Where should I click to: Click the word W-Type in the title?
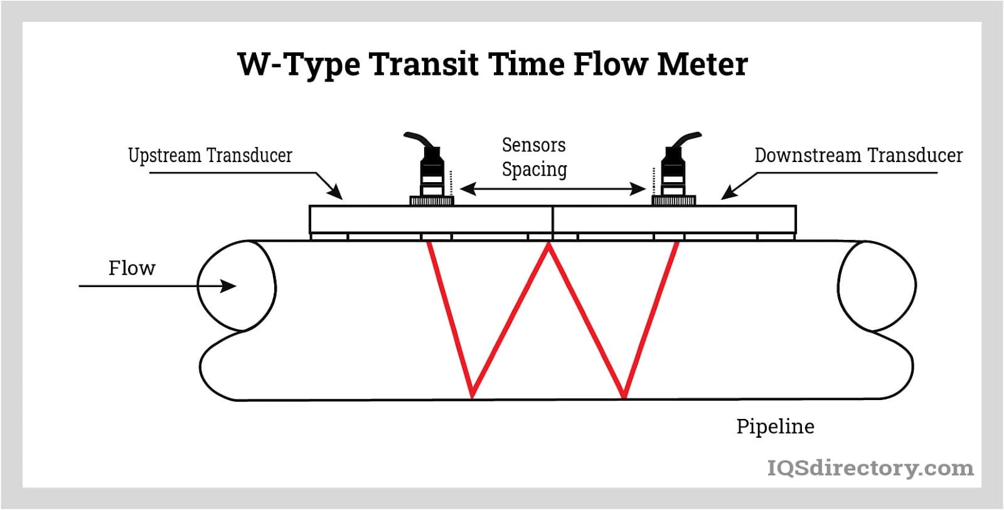click(x=298, y=64)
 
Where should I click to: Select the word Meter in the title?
click(x=702, y=64)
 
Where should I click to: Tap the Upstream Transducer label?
click(x=210, y=155)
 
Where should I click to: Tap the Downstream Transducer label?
click(x=858, y=155)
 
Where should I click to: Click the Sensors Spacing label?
click(x=534, y=157)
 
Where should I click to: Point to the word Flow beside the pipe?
click(x=132, y=268)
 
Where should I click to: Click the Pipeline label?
click(x=775, y=426)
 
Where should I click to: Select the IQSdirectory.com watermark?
click(x=870, y=468)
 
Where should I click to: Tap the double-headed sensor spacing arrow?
click(x=552, y=188)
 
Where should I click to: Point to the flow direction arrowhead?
click(x=230, y=286)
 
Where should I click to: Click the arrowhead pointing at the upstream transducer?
click(x=337, y=194)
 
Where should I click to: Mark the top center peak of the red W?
click(x=549, y=246)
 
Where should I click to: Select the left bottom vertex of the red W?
click(x=472, y=396)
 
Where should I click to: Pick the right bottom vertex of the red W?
click(x=624, y=396)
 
